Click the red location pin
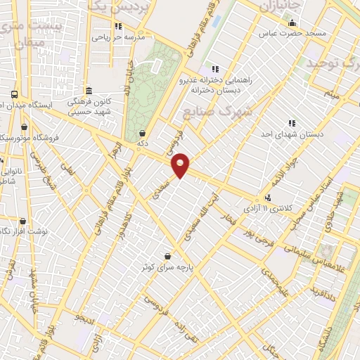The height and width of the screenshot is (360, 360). pos(181,165)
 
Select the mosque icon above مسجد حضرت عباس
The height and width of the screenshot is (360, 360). pos(292,22)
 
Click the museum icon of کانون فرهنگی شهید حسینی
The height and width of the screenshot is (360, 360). pos(88,91)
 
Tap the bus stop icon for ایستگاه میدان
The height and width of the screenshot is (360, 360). pos(14,94)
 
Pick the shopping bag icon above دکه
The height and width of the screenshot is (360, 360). pos(143,133)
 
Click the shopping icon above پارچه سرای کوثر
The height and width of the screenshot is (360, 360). pos(167,256)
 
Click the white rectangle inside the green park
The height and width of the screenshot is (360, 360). pos(155,66)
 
